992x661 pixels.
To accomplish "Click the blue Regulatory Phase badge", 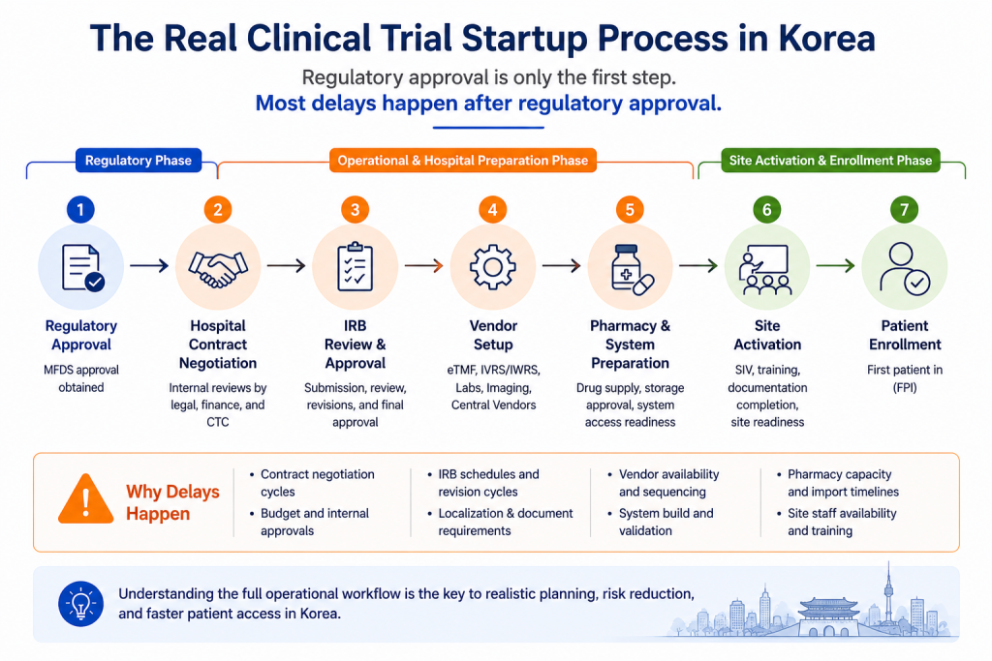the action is coord(139,161).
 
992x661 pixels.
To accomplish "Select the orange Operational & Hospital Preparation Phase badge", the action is coord(462,161).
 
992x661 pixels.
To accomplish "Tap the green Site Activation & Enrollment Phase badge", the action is coord(830,161).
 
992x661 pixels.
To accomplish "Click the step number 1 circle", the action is coord(80,210).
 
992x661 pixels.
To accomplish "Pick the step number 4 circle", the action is coord(492,210).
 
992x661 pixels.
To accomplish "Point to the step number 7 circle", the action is coord(904,210).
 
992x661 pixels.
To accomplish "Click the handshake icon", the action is coord(218,268).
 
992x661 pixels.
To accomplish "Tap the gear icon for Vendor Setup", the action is coord(493,267).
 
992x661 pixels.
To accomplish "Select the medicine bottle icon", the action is coord(632,269).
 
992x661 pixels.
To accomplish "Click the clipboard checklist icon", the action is coord(355,267).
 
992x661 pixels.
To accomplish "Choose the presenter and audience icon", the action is coord(766,270).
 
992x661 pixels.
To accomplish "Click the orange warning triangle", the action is coord(86,499).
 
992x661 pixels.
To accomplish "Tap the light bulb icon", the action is coord(80,604).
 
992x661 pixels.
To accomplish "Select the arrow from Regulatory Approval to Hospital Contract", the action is coord(149,265).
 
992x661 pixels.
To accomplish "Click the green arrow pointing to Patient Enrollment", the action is coord(835,265).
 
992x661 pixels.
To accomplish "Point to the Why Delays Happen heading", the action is coord(172,502).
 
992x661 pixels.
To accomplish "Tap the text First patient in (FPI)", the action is coord(905,378).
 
